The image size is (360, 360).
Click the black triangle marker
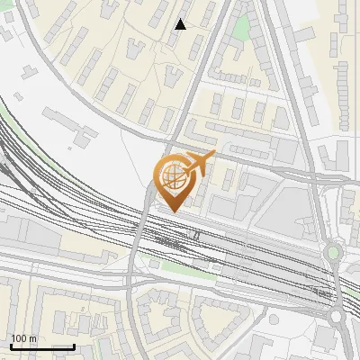pos(181,24)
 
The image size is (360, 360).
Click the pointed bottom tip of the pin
pos(173,211)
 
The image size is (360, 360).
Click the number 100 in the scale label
pos(18,338)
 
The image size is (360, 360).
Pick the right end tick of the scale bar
pos(74,346)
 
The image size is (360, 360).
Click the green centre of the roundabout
pos(334,253)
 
